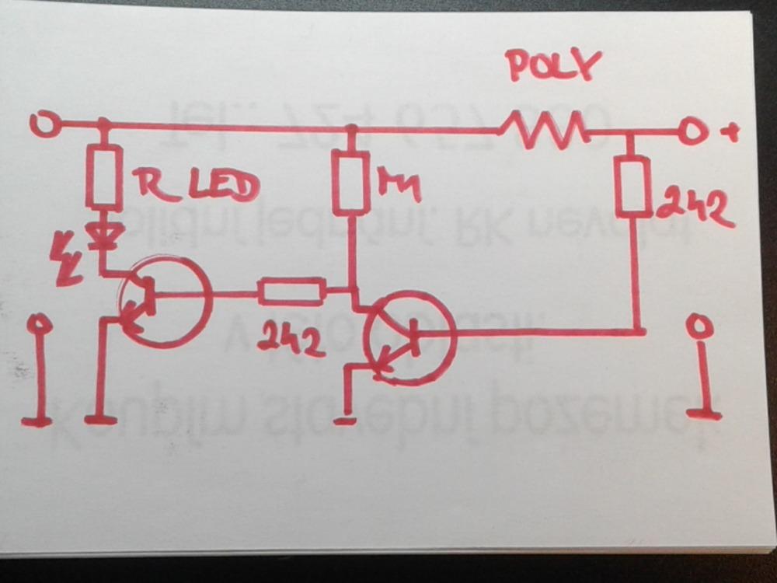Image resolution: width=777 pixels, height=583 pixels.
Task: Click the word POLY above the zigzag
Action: pyautogui.click(x=553, y=67)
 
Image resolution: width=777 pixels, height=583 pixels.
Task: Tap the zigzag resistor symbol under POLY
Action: pyautogui.click(x=544, y=129)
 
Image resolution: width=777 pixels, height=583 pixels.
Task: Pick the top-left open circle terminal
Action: pyautogui.click(x=43, y=123)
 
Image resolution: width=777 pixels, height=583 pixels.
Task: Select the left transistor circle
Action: pyautogui.click(x=165, y=299)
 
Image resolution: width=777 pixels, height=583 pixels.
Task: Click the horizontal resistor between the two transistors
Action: pyautogui.click(x=291, y=291)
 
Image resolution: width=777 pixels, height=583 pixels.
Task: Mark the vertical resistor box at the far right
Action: pyautogui.click(x=633, y=186)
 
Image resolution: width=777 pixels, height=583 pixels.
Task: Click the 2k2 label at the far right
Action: pyautogui.click(x=694, y=207)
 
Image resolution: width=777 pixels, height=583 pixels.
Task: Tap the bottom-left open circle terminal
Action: pyautogui.click(x=39, y=324)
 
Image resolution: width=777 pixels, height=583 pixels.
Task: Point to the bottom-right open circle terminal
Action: pyautogui.click(x=702, y=326)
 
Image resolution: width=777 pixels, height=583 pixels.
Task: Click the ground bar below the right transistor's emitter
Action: pyautogui.click(x=344, y=421)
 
